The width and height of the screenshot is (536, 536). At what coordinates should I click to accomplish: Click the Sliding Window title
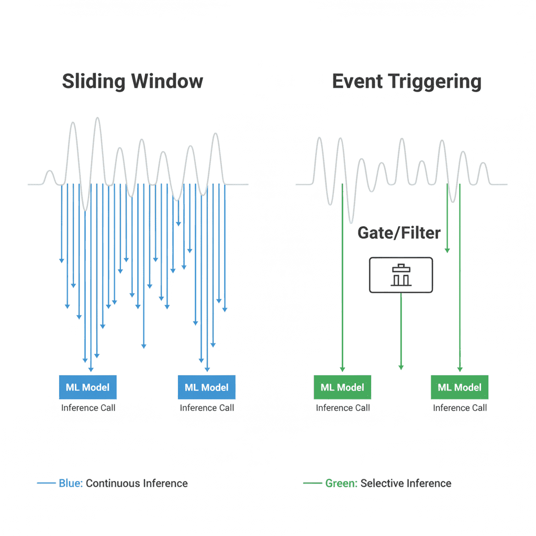(x=132, y=81)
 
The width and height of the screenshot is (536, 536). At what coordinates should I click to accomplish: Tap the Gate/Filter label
(x=399, y=233)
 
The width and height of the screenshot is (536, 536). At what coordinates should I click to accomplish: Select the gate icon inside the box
(x=401, y=275)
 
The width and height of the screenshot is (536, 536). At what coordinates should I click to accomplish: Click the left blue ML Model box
(x=88, y=387)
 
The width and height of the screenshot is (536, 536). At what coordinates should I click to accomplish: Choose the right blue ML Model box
(x=206, y=387)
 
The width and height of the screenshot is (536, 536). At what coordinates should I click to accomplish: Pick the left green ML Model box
(x=342, y=387)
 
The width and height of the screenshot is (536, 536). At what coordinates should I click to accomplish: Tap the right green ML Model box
(x=460, y=387)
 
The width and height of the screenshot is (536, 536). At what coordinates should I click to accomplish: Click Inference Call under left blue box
(x=88, y=408)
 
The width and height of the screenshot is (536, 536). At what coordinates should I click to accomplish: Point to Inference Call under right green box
(x=460, y=408)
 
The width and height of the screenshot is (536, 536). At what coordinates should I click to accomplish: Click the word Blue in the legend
(x=71, y=483)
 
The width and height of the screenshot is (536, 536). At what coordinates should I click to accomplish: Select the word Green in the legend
(x=341, y=483)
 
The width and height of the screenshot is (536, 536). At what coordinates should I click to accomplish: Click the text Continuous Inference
(x=137, y=483)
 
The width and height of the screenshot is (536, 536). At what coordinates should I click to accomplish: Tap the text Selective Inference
(x=406, y=483)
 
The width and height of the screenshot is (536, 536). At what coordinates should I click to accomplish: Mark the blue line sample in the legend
(x=46, y=483)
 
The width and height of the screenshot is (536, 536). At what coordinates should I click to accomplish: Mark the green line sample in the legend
(x=312, y=483)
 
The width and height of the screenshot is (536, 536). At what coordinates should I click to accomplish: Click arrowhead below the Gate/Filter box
(x=401, y=367)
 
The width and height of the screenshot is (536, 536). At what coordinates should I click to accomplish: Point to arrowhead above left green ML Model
(x=342, y=370)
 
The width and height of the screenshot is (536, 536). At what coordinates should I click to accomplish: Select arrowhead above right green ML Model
(x=460, y=370)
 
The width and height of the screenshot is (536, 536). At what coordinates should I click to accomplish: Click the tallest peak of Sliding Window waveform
(x=98, y=118)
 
